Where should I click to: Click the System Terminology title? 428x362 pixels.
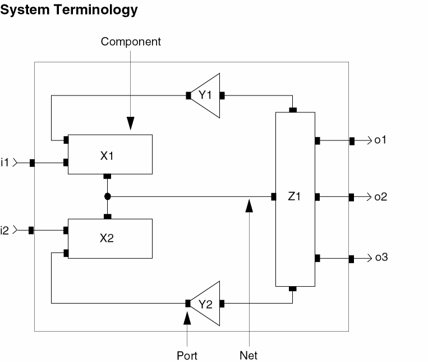coord(70,10)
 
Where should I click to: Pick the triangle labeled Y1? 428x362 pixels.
coord(206,96)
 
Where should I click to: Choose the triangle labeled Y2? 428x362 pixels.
coord(206,304)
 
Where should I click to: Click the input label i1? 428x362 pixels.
coord(6,162)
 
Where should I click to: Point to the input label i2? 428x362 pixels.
coord(6,230)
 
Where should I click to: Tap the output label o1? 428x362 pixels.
coord(381,140)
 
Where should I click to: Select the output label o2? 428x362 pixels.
coord(381,197)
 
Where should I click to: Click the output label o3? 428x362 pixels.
coord(381,258)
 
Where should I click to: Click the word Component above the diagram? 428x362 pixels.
coord(131,42)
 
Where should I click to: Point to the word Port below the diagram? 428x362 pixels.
coord(187,355)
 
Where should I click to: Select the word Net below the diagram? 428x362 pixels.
coord(248,355)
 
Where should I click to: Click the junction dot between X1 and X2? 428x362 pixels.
coord(107,197)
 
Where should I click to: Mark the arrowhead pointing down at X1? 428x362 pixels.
coord(131,123)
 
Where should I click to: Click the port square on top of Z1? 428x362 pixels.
coord(292,110)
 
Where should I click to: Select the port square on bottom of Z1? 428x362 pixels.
coord(292,289)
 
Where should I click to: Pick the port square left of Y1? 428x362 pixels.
coord(188,96)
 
